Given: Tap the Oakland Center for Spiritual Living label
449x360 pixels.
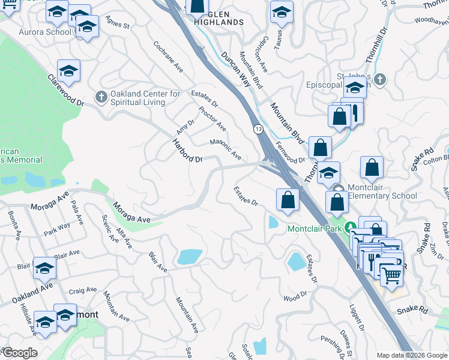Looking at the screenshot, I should [146, 98].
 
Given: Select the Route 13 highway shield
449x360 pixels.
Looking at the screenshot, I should [258, 129].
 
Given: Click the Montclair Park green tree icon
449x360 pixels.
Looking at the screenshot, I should [346, 229].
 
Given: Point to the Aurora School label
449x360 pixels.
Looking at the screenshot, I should [44, 32].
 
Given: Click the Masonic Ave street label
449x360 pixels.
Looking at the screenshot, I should [225, 149].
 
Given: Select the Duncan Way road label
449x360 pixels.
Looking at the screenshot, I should [235, 70].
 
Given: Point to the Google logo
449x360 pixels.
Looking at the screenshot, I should [19, 353].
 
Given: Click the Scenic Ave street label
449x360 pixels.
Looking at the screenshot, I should [110, 228].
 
